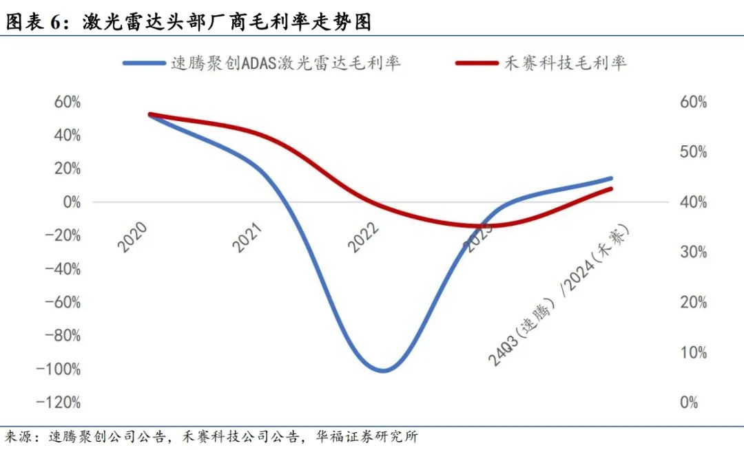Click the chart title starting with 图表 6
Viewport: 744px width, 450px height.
189,22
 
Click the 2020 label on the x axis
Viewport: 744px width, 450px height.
132,237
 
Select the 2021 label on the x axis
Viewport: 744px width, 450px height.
248,237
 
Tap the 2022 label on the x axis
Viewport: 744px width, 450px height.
363,237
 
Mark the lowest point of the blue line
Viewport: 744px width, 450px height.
383,371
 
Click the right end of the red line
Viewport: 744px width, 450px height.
611,189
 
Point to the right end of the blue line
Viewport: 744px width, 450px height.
611,178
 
